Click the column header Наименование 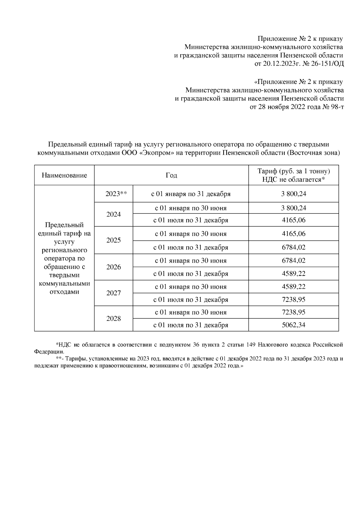point(64,175)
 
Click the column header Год point(171,175)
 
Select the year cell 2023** point(113,194)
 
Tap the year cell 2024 point(113,214)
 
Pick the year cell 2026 point(113,267)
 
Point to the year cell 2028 point(113,319)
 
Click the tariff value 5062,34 point(293,325)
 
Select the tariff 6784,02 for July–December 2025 point(293,248)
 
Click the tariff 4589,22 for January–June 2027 point(293,287)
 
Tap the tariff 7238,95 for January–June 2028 point(293,312)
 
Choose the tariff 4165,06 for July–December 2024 point(293,220)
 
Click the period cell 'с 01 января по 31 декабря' point(190,194)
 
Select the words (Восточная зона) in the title point(313,153)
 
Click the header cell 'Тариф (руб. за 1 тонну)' point(293,171)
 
